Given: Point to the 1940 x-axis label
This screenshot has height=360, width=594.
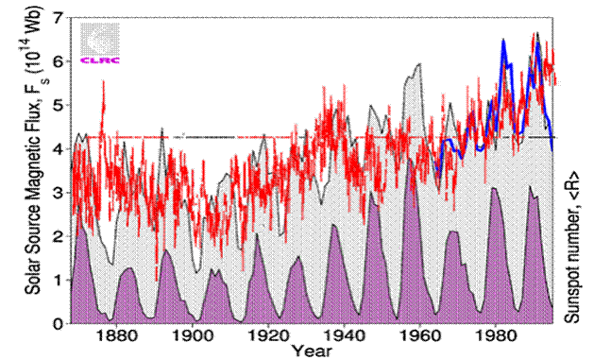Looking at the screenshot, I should (347, 336).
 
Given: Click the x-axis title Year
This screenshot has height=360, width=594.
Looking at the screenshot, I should (311, 351).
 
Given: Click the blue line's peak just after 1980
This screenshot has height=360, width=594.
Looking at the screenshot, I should (504, 41).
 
